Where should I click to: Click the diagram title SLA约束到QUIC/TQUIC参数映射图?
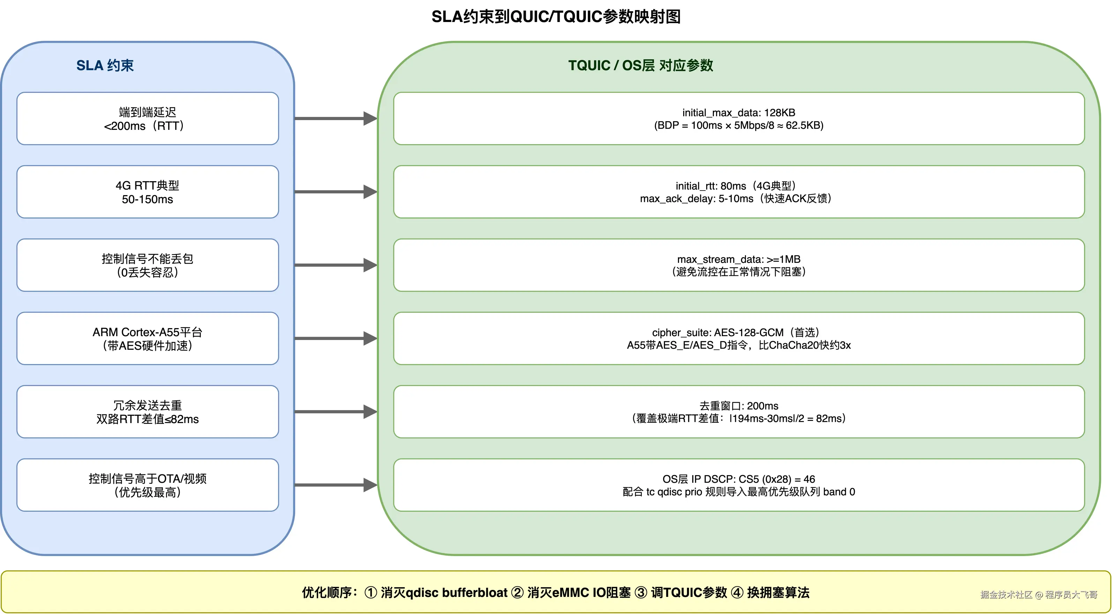tap(556, 17)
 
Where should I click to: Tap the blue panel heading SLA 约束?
tap(105, 66)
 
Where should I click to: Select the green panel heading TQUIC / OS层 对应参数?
tap(641, 66)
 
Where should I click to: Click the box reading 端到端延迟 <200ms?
tap(148, 119)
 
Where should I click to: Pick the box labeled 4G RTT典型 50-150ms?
tap(148, 192)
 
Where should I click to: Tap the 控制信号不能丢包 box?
tap(148, 265)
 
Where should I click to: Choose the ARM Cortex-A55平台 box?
tap(148, 339)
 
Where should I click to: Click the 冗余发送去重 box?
tap(148, 412)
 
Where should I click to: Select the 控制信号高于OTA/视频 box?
tap(148, 485)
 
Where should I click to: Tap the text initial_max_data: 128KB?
tap(739, 113)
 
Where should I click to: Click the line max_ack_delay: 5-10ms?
tap(735, 199)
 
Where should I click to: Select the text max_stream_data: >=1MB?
tap(739, 259)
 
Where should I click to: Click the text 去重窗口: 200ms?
tap(739, 406)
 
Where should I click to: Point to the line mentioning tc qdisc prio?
tap(739, 492)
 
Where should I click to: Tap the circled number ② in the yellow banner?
tap(517, 593)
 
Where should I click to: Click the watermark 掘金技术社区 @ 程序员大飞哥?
tap(1039, 594)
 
